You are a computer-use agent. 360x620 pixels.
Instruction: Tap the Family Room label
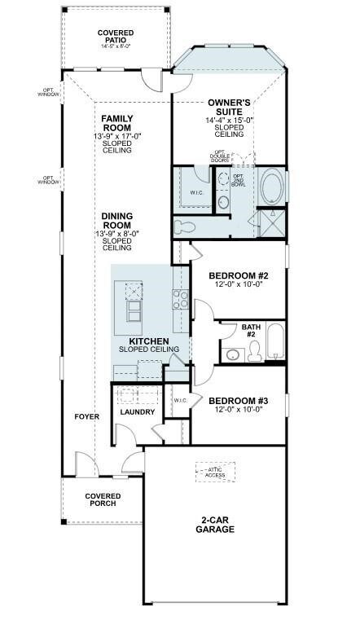(117, 124)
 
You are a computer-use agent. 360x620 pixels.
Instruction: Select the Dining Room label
(117, 221)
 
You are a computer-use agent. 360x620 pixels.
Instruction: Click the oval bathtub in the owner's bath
(271, 187)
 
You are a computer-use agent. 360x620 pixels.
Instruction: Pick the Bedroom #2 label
(239, 275)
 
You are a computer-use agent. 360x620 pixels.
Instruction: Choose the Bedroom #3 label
(239, 401)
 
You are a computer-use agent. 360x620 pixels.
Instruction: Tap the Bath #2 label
(250, 331)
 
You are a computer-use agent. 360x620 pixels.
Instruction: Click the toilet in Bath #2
(253, 351)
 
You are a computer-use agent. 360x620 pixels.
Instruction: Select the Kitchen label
(149, 341)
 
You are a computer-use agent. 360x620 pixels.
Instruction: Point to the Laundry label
(137, 412)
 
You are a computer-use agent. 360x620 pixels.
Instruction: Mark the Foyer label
(87, 417)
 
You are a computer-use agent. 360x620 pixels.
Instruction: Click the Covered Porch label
(103, 499)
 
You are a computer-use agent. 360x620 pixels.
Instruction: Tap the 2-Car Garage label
(214, 525)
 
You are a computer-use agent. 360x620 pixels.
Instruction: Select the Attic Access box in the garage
(214, 473)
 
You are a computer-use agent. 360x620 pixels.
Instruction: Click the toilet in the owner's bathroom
(184, 226)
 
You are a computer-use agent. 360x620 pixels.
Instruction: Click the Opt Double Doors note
(221, 156)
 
